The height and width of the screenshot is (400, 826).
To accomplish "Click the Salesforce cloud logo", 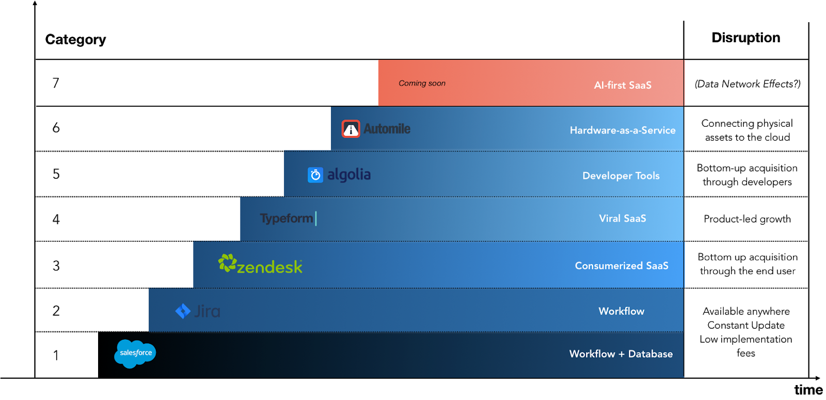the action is tap(135, 354).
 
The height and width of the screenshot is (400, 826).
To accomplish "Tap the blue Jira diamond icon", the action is tap(183, 311).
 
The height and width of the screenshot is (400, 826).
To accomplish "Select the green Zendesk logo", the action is tap(260, 264).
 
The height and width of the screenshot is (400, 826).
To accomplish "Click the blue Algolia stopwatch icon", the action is tap(315, 175).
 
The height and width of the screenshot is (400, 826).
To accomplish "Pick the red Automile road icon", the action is tap(351, 129).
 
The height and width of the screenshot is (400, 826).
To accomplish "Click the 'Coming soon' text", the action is tap(422, 83).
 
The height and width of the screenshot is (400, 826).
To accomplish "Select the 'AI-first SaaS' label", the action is tap(623, 85).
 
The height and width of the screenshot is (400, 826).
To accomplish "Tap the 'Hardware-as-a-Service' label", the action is tap(623, 130).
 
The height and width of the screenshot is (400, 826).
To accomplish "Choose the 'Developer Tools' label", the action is tap(621, 176).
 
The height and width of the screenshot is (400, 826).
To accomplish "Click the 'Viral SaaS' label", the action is tap(623, 219).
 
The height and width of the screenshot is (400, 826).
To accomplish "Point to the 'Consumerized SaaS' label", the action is tap(622, 265).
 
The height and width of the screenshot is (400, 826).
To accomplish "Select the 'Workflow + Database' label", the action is tap(621, 354).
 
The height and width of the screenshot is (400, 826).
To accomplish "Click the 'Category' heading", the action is tap(75, 39).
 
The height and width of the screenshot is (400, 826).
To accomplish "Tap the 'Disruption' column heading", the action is tap(745, 38).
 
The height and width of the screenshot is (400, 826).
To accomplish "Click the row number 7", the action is tap(56, 83).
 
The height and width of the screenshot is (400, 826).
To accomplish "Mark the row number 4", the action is tap(56, 220).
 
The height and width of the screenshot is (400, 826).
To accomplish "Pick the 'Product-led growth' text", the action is tap(747, 219).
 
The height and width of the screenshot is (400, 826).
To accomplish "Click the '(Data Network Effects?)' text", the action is tap(748, 84).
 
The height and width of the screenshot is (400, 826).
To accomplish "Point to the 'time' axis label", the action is tap(808, 390).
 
